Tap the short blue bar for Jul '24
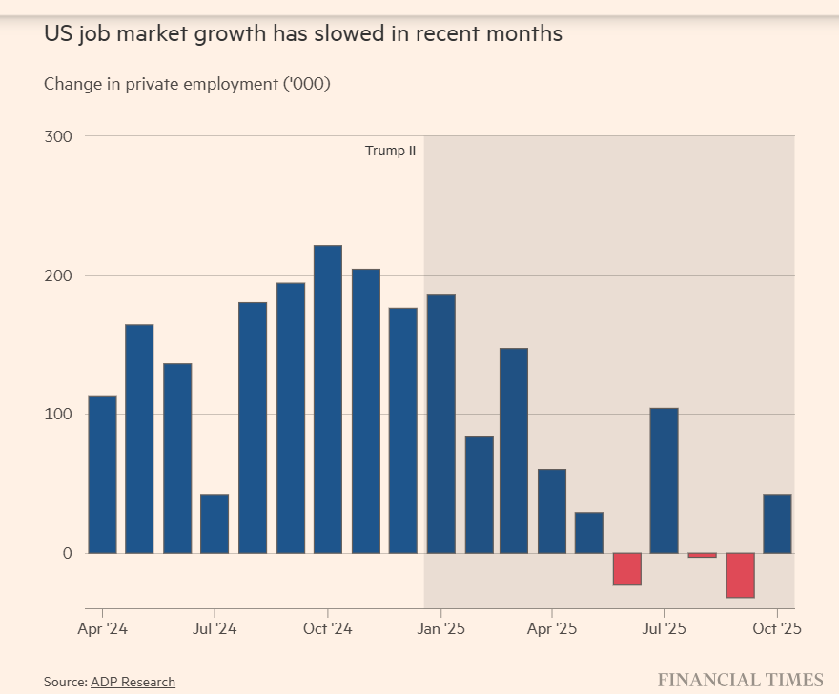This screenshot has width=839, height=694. coord(215,523)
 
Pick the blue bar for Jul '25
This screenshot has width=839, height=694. coord(664,480)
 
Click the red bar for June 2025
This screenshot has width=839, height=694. coord(626,569)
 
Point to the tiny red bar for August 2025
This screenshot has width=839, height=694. coord(702,555)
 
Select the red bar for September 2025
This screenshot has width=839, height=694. coord(740,575)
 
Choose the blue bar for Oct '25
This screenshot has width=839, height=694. coord(777,523)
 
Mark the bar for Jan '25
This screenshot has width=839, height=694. coord(440,423)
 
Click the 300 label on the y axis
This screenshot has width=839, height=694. coord(58,136)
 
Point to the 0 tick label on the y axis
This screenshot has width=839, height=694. coord(67,553)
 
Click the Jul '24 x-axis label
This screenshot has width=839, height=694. coord(215,629)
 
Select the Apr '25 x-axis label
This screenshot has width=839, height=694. coord(552,629)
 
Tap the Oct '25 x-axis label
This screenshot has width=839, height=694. coord(778,629)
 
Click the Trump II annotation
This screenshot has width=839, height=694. coord(390,151)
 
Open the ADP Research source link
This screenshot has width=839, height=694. coord(133,682)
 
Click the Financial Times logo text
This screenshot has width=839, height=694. coord(740,680)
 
